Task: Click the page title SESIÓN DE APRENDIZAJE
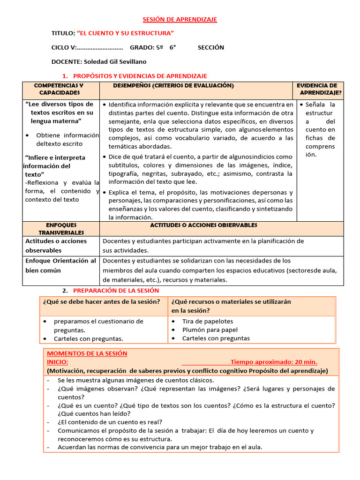(x=180, y=19)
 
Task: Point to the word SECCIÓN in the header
(x=210, y=47)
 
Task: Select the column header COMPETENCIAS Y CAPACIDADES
(x=59, y=89)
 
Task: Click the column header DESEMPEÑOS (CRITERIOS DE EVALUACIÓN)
(x=167, y=86)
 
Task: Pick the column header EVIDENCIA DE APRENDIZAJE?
(x=320, y=89)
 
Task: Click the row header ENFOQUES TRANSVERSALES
(x=61, y=229)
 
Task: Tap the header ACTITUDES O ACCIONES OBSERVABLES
(x=203, y=225)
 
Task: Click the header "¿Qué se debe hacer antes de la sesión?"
(x=101, y=301)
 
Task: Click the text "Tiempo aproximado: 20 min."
(x=274, y=362)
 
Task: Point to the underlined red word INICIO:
(x=57, y=362)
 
